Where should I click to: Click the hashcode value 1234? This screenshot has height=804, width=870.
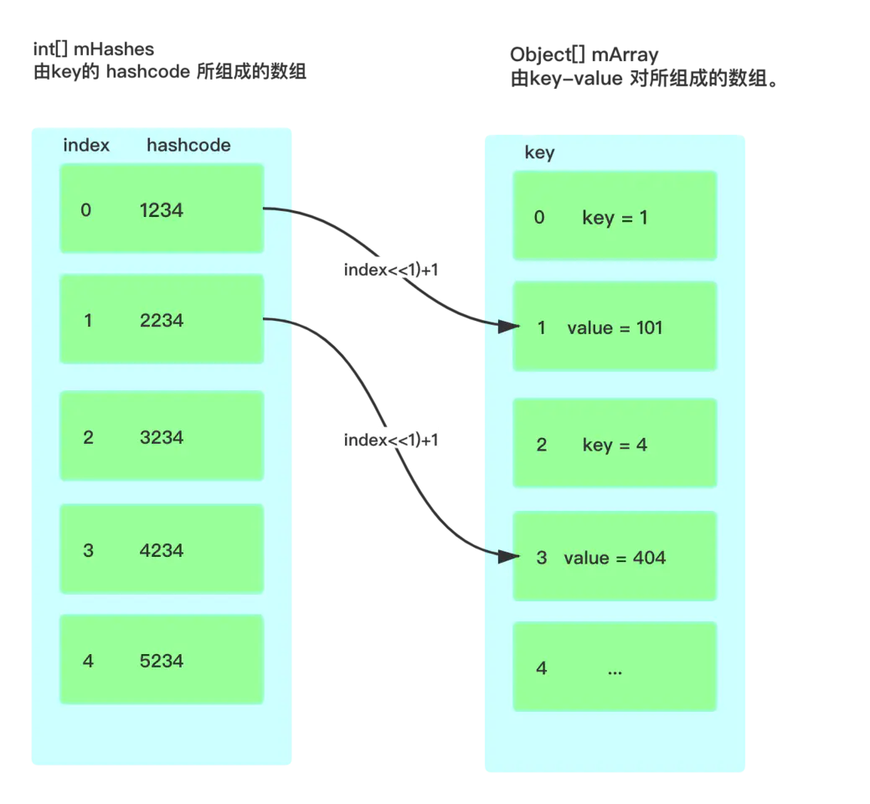(162, 210)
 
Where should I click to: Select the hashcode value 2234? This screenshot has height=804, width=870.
(162, 320)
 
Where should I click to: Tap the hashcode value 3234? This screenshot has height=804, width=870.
(162, 437)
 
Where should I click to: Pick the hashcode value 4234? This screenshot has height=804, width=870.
(162, 550)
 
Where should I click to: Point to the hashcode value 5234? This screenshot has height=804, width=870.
(162, 661)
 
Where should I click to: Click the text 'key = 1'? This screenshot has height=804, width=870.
(615, 218)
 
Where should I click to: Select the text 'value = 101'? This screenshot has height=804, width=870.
(615, 328)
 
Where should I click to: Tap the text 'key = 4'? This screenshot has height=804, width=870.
(615, 445)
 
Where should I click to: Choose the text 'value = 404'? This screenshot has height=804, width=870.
(615, 558)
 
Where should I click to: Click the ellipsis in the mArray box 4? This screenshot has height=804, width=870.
(615, 673)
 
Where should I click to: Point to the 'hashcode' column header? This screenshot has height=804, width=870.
(188, 146)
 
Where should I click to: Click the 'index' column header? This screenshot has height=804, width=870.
(86, 146)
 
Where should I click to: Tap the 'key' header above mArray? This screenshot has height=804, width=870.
(539, 153)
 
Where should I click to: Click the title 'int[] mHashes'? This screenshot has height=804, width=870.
(93, 49)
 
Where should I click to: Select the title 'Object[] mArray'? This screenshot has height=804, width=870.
(584, 55)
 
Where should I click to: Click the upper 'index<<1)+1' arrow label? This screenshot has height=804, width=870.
(391, 270)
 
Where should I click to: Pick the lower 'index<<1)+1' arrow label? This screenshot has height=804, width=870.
(391, 440)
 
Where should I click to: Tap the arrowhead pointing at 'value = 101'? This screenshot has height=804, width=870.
(508, 327)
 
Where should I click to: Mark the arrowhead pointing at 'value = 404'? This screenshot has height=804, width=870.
(508, 557)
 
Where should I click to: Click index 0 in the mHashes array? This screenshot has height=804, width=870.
(86, 210)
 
